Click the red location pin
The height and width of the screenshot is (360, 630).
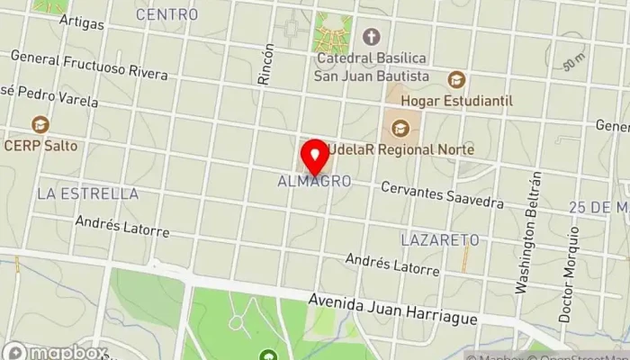[x=314, y=157]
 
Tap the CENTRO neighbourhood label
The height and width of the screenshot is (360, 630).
[x=166, y=14]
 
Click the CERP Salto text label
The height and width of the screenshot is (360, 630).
[x=40, y=145]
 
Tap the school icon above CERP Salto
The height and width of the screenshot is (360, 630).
[x=39, y=124]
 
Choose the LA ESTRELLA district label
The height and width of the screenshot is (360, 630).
[x=87, y=193]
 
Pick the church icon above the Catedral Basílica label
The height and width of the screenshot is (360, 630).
[x=370, y=37]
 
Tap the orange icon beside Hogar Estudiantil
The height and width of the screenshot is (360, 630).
[x=456, y=80]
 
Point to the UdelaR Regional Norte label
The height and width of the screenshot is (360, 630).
[x=401, y=148]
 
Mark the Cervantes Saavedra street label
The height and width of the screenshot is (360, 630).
[x=441, y=195]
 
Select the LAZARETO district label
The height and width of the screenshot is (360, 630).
[x=439, y=240]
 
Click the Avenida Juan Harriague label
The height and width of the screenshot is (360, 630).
[x=396, y=310]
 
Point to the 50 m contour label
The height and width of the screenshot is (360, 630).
[x=572, y=64]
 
